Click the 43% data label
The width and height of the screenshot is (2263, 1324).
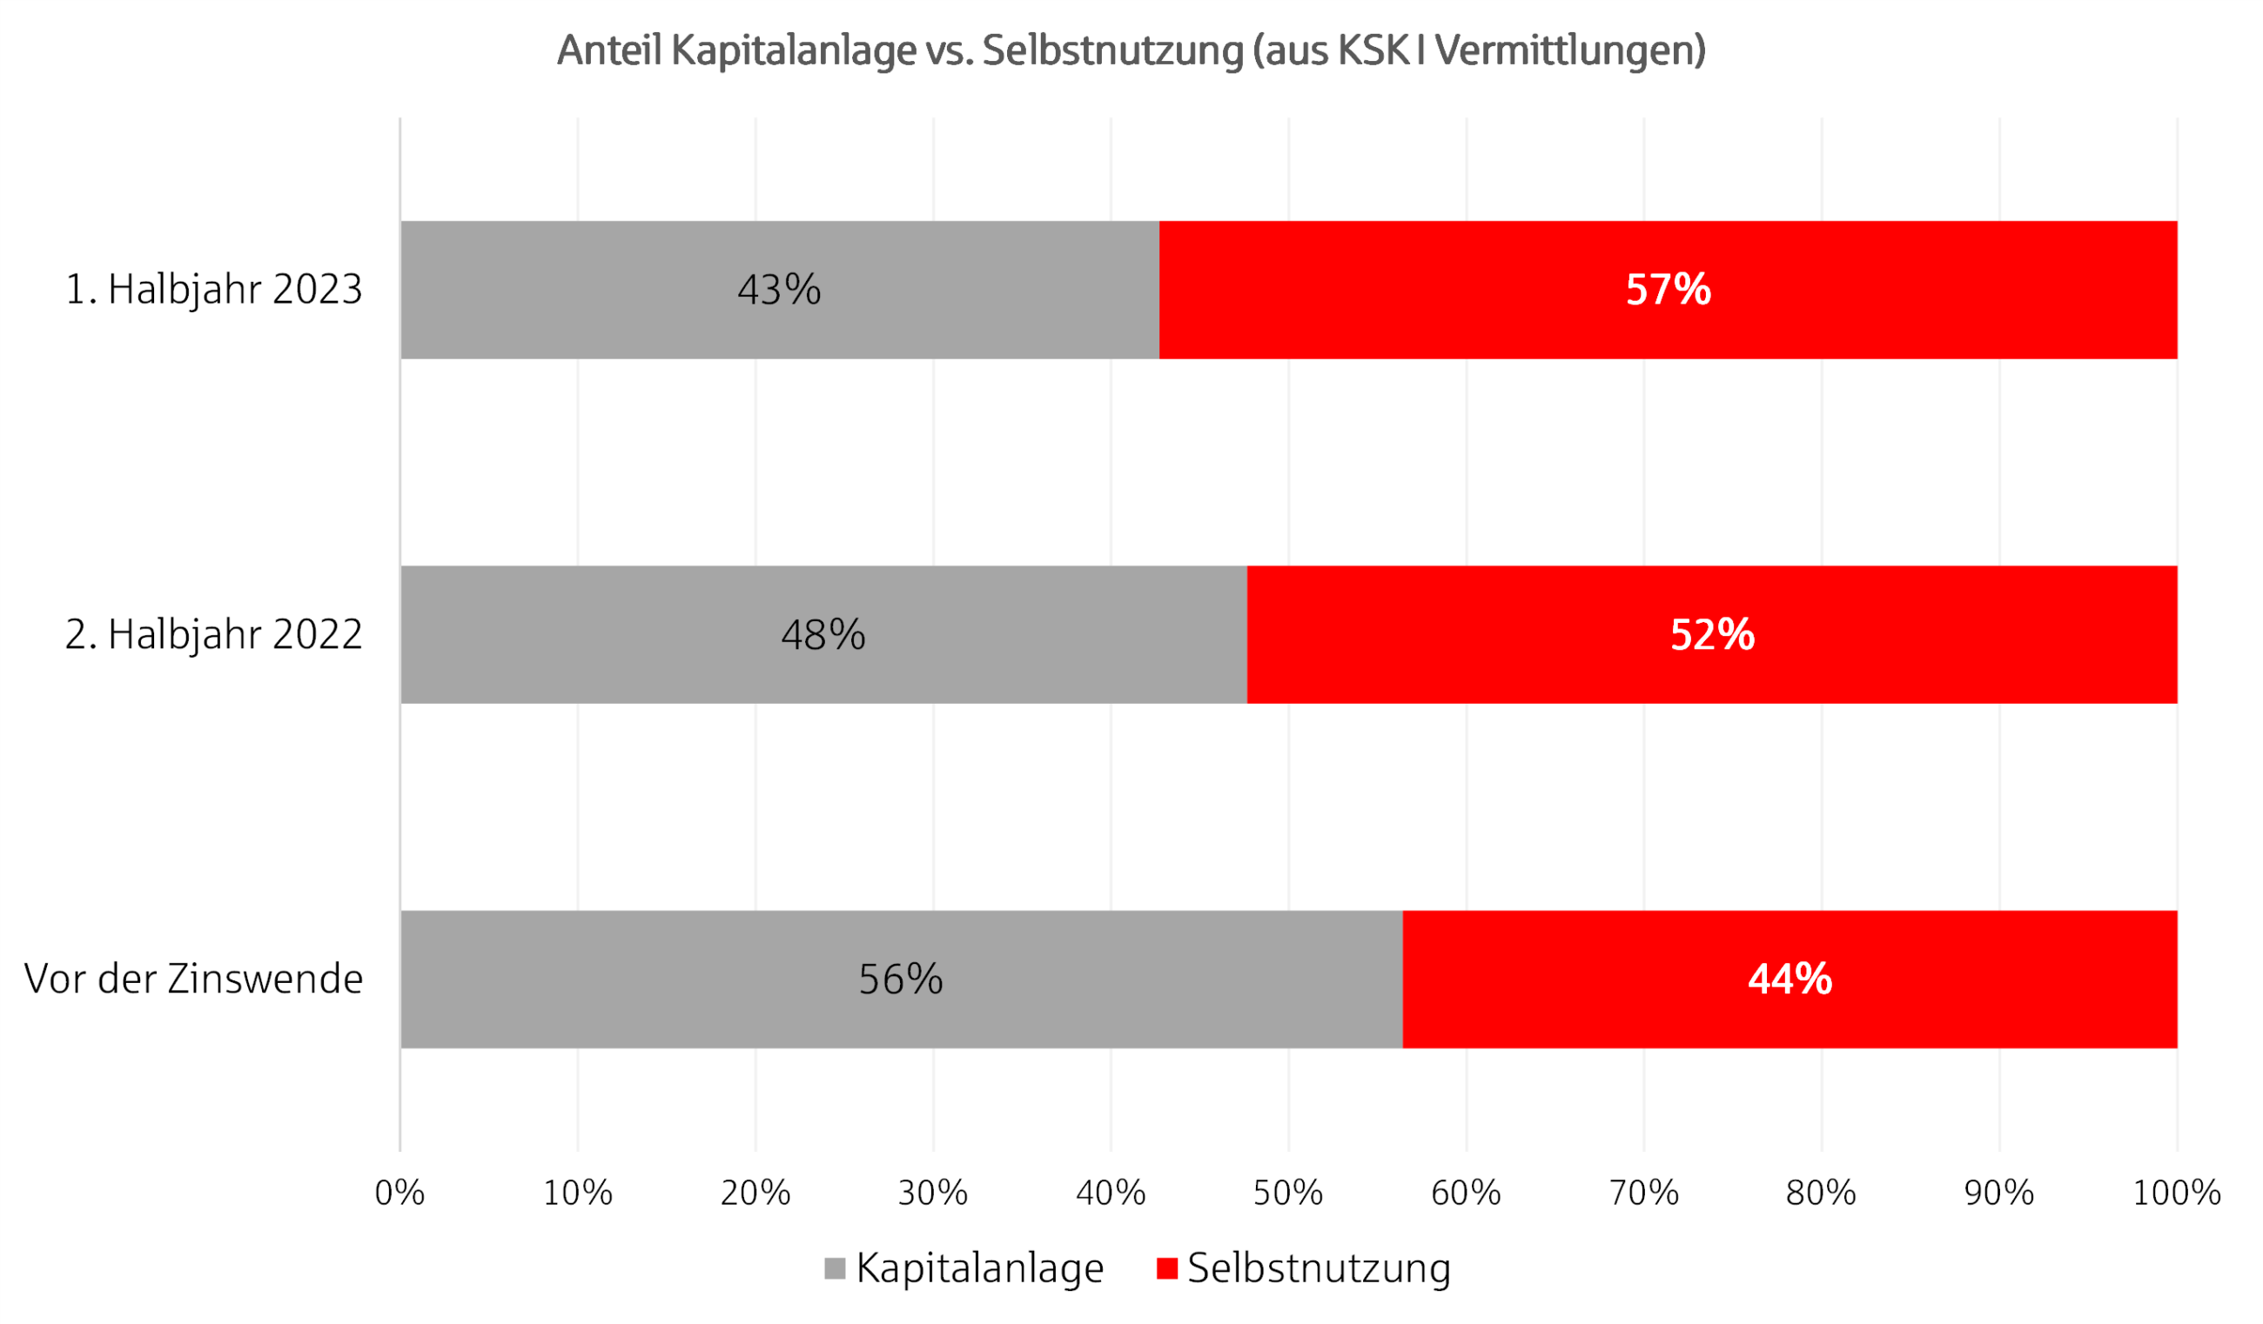(x=779, y=290)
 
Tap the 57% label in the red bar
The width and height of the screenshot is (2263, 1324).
(x=1668, y=290)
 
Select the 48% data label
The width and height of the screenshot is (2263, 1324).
(x=823, y=635)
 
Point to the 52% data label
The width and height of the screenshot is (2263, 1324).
(x=1712, y=635)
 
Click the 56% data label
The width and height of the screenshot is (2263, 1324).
(x=900, y=980)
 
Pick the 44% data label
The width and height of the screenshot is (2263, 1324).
(x=1789, y=980)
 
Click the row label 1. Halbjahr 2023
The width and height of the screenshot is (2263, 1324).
(x=214, y=290)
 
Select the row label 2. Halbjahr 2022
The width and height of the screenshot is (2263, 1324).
(x=214, y=635)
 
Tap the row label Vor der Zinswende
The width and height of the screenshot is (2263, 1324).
(x=194, y=980)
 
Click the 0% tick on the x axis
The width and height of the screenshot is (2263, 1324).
(x=400, y=1193)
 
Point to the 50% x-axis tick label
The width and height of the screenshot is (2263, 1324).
(x=1288, y=1193)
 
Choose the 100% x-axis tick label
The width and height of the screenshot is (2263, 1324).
(x=2176, y=1193)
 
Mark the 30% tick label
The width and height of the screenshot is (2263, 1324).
(x=933, y=1193)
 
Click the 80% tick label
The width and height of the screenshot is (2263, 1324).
(x=1820, y=1193)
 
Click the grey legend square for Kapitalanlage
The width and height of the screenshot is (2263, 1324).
(x=834, y=1268)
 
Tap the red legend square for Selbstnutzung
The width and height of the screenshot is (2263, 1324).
(x=1166, y=1268)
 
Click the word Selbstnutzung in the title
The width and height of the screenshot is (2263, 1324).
(x=1111, y=51)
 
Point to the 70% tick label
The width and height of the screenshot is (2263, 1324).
(x=1643, y=1193)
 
